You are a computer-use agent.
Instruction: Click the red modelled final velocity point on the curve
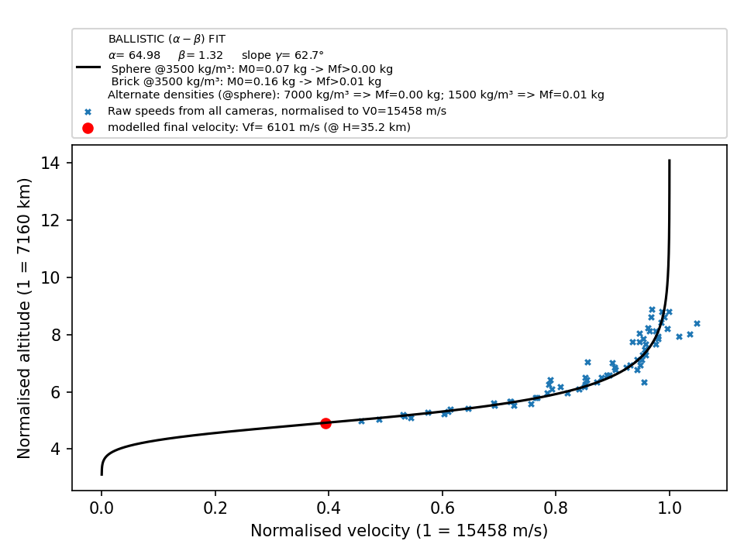coord(325,423)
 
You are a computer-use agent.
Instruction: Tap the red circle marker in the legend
coord(88,128)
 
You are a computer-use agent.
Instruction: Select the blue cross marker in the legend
coord(88,112)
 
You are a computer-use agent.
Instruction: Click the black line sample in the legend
coord(88,67)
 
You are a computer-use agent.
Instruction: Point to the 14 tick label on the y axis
coord(50,164)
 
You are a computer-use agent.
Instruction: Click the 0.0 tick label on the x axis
coord(101,508)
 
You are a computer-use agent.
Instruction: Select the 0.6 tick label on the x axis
coord(443,508)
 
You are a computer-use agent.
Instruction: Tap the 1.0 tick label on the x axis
coord(670,508)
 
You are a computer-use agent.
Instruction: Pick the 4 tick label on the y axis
coord(56,449)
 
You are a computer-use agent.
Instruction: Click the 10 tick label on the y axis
coord(50,277)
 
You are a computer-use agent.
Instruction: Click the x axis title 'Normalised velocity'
coord(330,530)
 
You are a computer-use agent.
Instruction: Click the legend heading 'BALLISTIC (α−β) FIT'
coord(167,39)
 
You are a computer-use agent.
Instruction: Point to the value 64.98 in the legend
coord(144,55)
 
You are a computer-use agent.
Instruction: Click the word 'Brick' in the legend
coord(124,81)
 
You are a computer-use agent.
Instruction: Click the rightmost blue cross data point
coord(697,324)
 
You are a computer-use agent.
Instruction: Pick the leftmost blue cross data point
coord(362,422)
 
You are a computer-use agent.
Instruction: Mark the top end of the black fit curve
coord(670,160)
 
